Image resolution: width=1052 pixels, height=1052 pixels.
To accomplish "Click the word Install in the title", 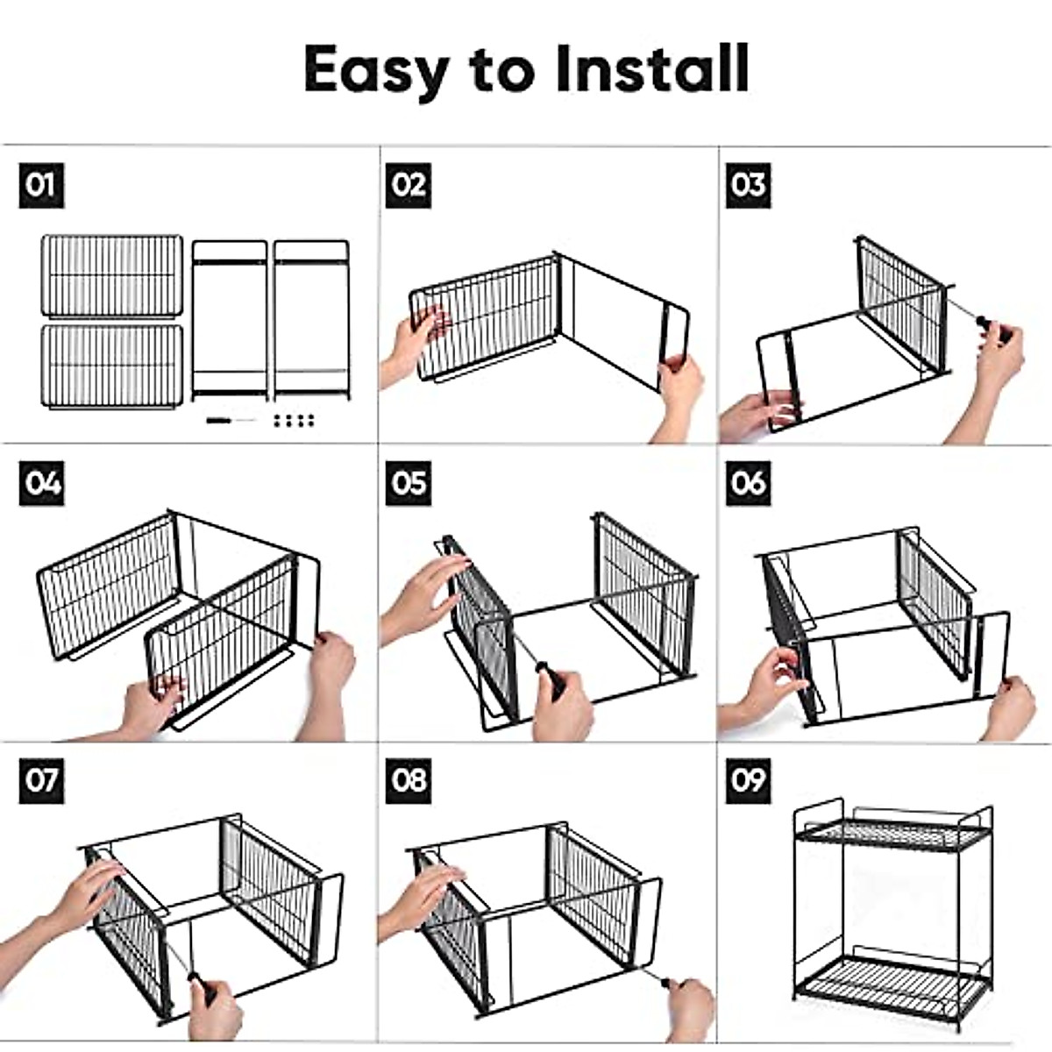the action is point(652,68).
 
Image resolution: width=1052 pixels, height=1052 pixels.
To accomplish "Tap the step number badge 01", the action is point(41,185).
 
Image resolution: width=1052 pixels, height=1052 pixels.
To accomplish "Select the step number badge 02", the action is point(409,185).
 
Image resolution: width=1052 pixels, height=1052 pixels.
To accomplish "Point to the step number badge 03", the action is point(749,185).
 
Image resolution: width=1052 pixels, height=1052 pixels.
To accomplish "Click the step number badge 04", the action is point(41,483).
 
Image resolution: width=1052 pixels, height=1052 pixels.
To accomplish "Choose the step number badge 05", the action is point(409,483).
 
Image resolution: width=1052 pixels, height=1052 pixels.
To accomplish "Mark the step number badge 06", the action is point(749,483).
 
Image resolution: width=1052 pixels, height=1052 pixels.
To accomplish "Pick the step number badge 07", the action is point(41,781).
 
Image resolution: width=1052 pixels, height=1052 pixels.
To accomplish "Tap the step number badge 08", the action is point(409,781).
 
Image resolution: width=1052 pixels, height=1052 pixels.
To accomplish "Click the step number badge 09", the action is point(749,781).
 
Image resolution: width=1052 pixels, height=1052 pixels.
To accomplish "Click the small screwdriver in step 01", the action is point(231,421).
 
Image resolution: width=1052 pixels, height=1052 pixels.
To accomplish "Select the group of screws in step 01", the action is point(294,421).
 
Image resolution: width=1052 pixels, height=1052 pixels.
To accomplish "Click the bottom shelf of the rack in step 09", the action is point(893,980).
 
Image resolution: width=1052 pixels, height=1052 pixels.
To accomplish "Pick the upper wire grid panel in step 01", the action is point(112,276).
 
